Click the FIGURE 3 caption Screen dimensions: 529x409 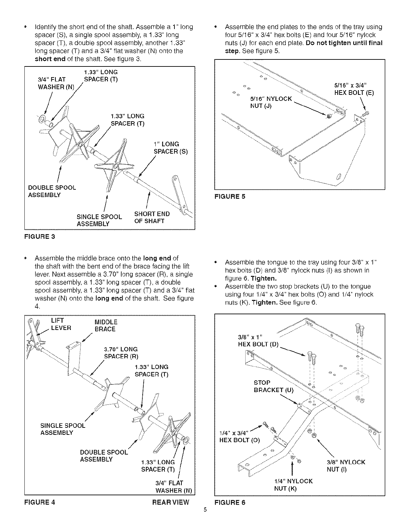tap(39, 237)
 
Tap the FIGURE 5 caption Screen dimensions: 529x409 tap(230, 196)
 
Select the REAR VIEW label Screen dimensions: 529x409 tap(170, 502)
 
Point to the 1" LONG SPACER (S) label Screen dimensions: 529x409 tap(170, 148)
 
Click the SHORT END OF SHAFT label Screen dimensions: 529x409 tap(152, 217)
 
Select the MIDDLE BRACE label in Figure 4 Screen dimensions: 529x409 tap(106, 326)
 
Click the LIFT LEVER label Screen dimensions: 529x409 tap(61, 324)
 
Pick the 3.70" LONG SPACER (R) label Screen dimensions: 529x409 tap(121, 353)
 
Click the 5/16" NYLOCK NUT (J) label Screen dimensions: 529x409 tap(271, 103)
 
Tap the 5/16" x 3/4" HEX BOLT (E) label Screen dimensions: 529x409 tap(354, 89)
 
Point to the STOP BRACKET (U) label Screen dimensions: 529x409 tap(273, 386)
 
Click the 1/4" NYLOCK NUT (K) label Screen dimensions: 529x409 tap(293, 485)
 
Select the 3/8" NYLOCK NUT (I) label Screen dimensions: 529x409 tap(346, 466)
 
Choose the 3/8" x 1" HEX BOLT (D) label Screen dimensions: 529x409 tap(258, 340)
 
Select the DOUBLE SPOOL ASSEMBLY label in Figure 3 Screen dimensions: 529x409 tap(52, 191)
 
